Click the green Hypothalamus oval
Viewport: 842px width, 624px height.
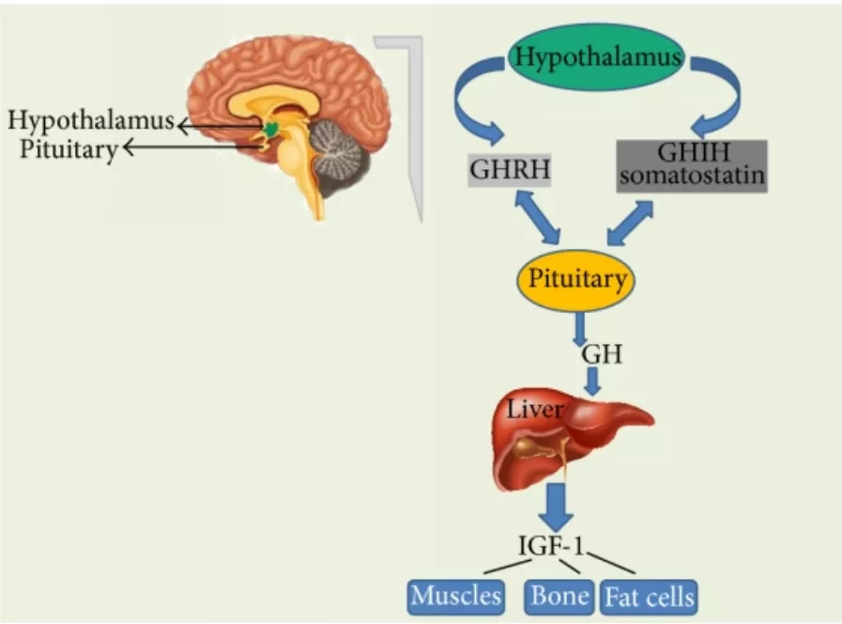(596, 57)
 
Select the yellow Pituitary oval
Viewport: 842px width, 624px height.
(575, 280)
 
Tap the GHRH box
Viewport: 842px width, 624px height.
(510, 170)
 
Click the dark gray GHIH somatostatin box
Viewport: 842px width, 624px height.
(692, 165)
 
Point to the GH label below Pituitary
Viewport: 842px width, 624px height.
(602, 354)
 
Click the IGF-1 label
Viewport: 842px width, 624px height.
(550, 546)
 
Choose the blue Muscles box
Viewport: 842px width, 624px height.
(456, 597)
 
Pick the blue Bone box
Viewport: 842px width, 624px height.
(559, 597)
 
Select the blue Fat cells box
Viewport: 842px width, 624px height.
(649, 597)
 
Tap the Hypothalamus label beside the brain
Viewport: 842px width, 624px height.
(91, 119)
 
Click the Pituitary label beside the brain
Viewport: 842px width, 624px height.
(69, 148)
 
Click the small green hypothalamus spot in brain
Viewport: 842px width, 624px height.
(271, 128)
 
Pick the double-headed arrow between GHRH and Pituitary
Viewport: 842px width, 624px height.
(537, 217)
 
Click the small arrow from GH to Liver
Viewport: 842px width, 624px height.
(592, 381)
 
